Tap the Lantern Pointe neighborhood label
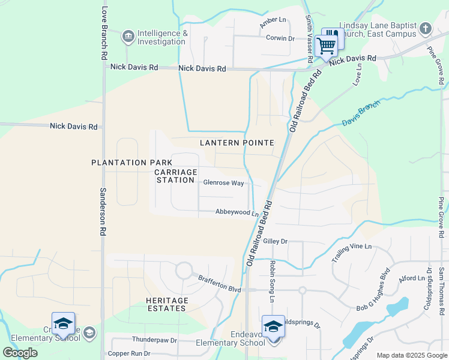237,143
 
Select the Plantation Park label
127,163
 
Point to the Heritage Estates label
167,304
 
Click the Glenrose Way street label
223,183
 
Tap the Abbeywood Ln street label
237,212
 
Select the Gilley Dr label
276,241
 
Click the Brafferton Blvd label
220,284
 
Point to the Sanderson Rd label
103,211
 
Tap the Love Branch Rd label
104,32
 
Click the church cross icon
425,29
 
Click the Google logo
20,352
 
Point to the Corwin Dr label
280,38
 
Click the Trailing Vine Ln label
351,253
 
